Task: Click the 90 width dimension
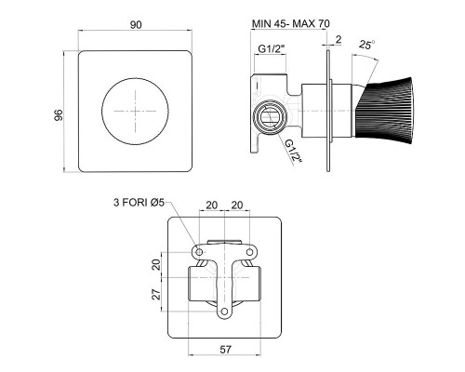coord(136,25)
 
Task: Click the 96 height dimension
coord(59,115)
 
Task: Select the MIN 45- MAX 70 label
coord(291,23)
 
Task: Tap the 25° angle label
coord(367,45)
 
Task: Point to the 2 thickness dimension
coord(339,39)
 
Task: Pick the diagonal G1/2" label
coord(293,151)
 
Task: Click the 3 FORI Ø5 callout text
coord(139,203)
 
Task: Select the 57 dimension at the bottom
coord(225,350)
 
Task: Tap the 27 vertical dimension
coord(157,294)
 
